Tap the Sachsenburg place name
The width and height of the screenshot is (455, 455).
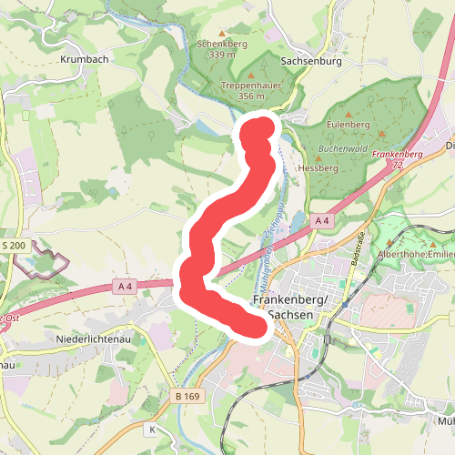pyautogui.click(x=311, y=62)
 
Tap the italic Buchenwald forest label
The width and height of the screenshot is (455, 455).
pyautogui.click(x=342, y=147)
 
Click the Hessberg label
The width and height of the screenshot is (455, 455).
pyautogui.click(x=318, y=168)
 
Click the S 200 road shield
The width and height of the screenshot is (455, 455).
pyautogui.click(x=14, y=247)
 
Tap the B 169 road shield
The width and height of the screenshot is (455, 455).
pyautogui.click(x=187, y=397)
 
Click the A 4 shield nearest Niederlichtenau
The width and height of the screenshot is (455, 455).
pyautogui.click(x=125, y=287)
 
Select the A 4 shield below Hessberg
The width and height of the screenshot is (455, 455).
pyautogui.click(x=323, y=221)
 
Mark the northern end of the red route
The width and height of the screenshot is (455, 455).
pyautogui.click(x=258, y=127)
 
